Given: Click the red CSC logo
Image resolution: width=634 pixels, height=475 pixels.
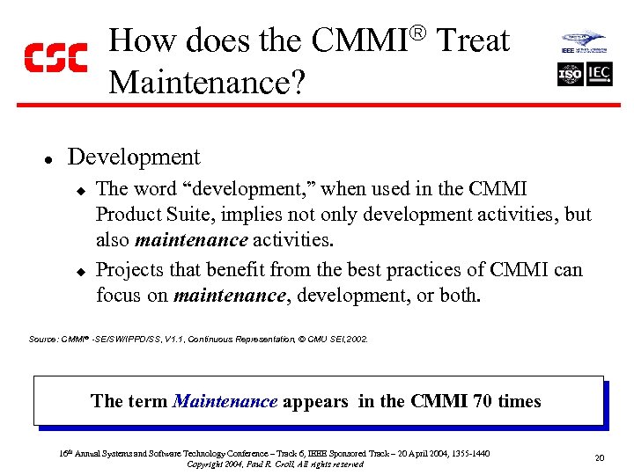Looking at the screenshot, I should [x=55, y=57].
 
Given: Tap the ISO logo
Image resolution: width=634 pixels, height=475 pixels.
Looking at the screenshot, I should [x=571, y=74].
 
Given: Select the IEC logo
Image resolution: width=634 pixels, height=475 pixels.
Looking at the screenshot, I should [x=599, y=74].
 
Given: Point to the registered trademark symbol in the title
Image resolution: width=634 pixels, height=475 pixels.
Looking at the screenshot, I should [x=419, y=33].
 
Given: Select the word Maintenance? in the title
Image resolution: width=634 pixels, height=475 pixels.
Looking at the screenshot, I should [x=208, y=82].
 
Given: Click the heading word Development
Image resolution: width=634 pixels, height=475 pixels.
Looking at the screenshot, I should [x=134, y=157].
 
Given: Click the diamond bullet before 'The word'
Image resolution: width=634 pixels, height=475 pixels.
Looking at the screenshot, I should [x=79, y=190].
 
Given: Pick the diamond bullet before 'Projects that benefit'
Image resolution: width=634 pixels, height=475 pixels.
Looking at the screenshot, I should [x=79, y=271].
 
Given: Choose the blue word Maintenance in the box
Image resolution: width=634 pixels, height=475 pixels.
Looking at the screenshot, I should [x=225, y=402].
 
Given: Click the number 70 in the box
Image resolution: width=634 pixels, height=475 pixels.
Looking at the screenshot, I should [x=483, y=402].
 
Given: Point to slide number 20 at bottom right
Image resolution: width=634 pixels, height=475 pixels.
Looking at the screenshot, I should [x=599, y=457].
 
